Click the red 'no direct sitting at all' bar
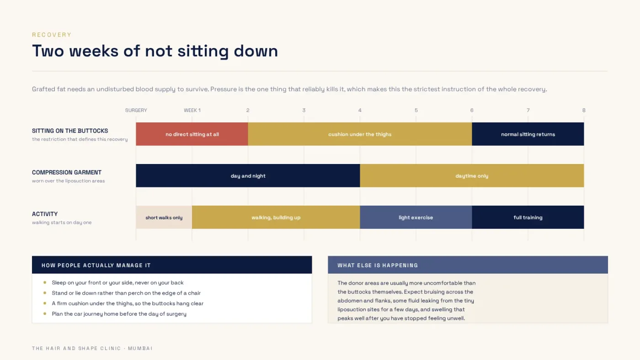click(192, 134)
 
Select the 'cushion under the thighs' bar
click(360, 134)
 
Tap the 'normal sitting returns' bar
click(528, 134)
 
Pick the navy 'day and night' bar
click(248, 175)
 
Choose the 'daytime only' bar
click(472, 175)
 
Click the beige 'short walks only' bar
click(164, 217)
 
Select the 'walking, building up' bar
click(276, 217)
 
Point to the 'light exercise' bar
click(416, 217)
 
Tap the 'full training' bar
click(528, 217)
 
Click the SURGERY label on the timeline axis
click(136, 110)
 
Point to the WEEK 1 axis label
click(192, 110)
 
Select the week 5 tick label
click(416, 110)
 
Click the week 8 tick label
click(584, 110)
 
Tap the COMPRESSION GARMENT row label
click(67, 172)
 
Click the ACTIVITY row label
click(45, 214)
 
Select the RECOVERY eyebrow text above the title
click(52, 35)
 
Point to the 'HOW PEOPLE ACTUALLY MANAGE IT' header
click(96, 265)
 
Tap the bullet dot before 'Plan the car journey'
click(45, 313)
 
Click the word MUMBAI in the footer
click(140, 348)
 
